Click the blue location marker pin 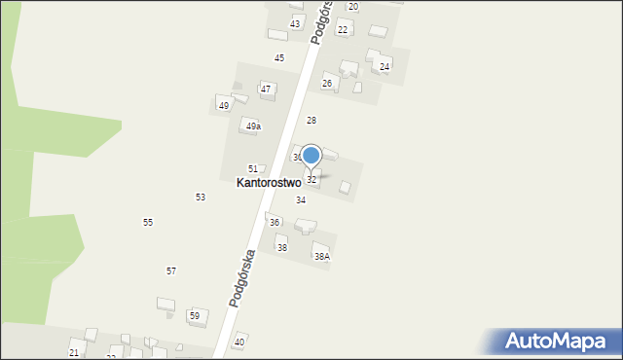point(311,156)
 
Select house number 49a point(253,126)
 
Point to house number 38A point(321,257)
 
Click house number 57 point(171,270)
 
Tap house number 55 point(148,223)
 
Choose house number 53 point(201,198)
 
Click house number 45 point(279,58)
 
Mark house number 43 point(295,23)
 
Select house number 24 point(385,67)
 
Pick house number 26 point(328,84)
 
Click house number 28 point(311,121)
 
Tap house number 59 point(195,316)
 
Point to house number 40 point(239,342)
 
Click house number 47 point(265,90)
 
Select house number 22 point(343,30)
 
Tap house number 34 point(301,200)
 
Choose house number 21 point(74,352)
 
